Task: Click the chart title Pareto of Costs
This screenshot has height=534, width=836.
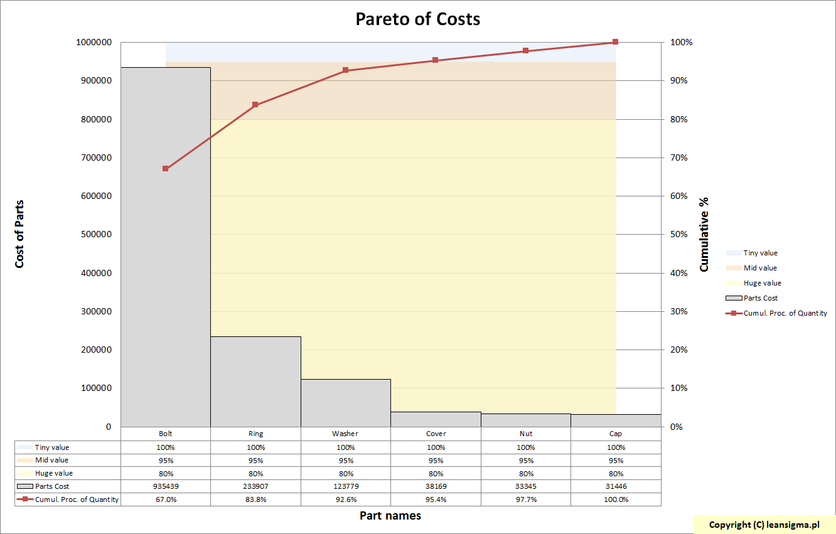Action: tap(418, 19)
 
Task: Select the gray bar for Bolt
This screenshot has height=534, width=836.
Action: tap(166, 251)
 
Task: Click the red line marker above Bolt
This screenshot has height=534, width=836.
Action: tap(166, 169)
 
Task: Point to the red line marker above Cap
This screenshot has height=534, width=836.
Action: tap(615, 42)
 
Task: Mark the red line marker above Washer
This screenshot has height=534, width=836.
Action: tap(346, 70)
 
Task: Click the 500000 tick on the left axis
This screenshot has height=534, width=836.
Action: tap(94, 235)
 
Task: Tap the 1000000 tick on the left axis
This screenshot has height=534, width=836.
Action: tap(94, 43)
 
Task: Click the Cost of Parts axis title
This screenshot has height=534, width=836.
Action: tap(19, 234)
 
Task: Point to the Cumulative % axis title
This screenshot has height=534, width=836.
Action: tap(704, 234)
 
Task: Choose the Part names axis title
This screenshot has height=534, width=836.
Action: tap(390, 516)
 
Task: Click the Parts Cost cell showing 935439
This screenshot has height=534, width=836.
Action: tap(166, 486)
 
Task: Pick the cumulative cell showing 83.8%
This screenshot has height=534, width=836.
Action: tap(255, 499)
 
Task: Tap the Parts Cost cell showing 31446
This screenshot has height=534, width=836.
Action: tap(616, 486)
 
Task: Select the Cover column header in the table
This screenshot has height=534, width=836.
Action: tap(436, 434)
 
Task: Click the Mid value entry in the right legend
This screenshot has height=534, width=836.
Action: tap(760, 268)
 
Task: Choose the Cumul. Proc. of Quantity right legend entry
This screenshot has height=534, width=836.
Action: tap(785, 313)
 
